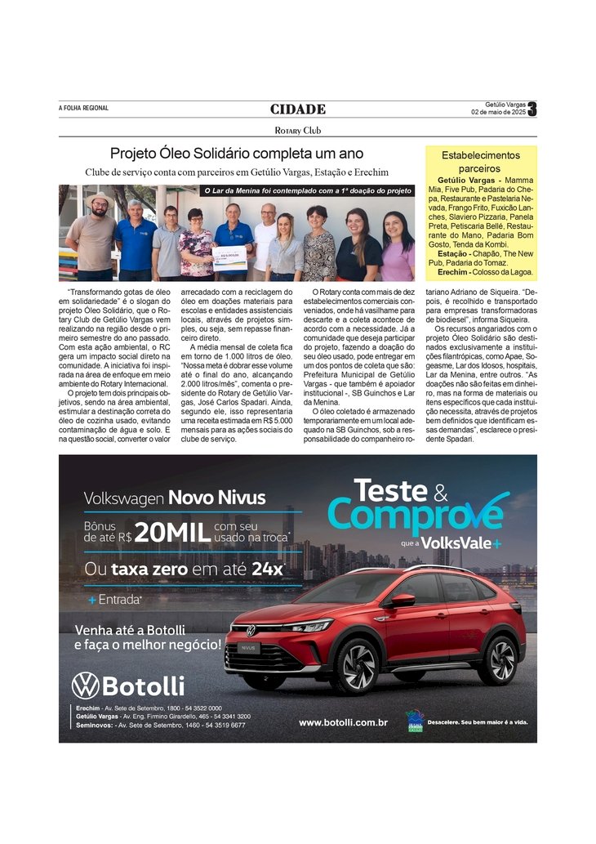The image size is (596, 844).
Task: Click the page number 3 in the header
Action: (532, 109)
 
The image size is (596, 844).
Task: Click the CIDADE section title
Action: (298, 109)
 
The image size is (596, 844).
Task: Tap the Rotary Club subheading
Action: (298, 130)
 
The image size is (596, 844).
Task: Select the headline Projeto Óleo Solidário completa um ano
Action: (237, 154)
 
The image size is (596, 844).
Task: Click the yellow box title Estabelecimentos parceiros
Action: (481, 161)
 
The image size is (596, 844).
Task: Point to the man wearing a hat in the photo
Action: (91, 237)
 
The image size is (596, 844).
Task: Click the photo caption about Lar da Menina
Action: (307, 190)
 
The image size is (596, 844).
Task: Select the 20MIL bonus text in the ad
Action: (171, 532)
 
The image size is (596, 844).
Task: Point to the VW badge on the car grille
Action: (251, 631)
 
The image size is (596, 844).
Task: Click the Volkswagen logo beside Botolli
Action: (85, 685)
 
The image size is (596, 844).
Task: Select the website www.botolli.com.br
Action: (343, 722)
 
